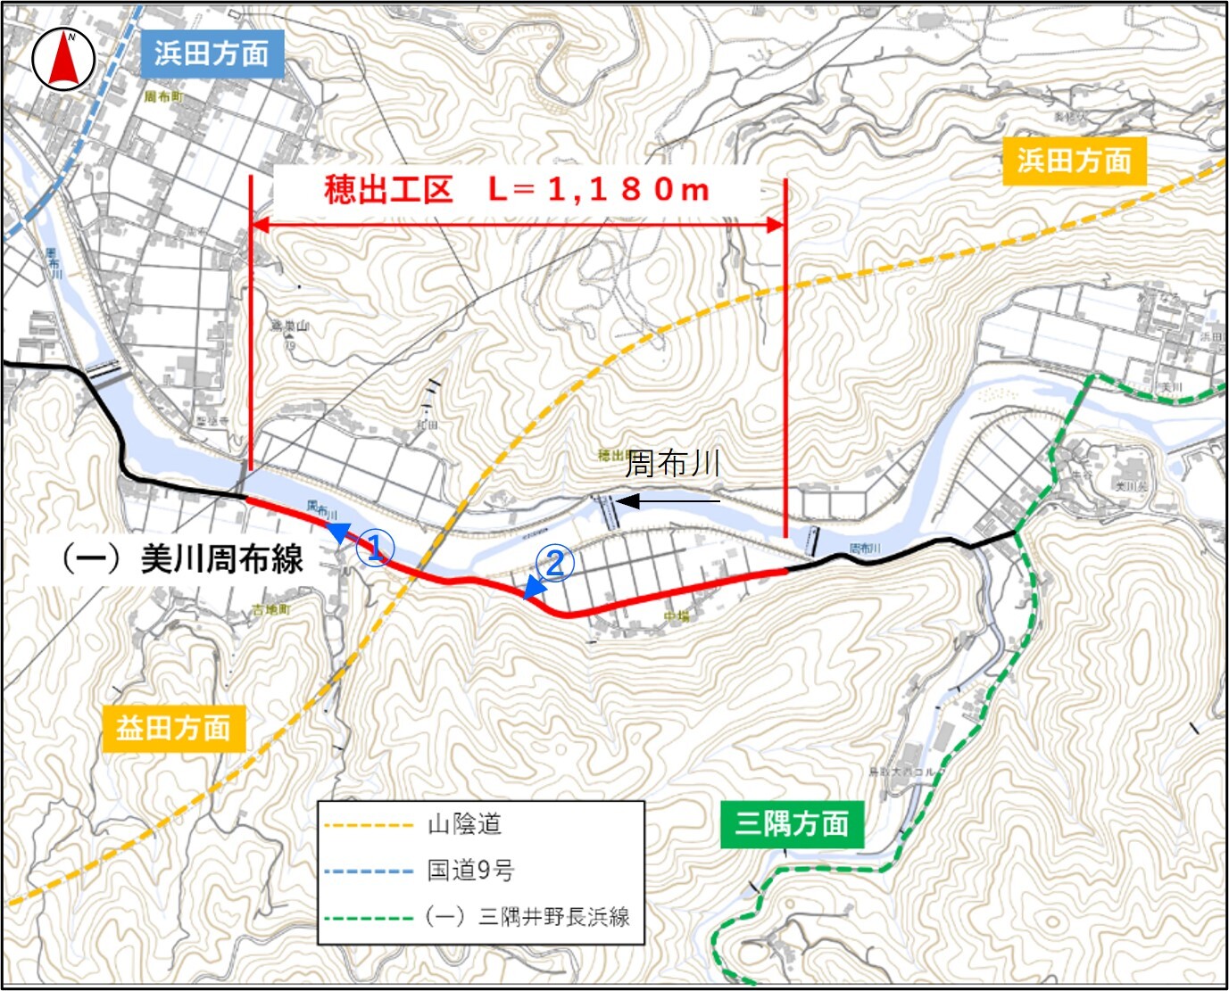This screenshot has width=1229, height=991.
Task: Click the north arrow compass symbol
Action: pyautogui.click(x=63, y=60)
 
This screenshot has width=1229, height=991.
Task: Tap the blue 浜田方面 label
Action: pyautogui.click(x=212, y=54)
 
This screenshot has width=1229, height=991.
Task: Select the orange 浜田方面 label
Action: pyautogui.click(x=1074, y=161)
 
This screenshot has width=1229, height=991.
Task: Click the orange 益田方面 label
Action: pyautogui.click(x=173, y=728)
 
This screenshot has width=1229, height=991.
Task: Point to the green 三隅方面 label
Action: pyautogui.click(x=791, y=823)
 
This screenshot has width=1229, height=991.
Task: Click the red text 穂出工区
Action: pyautogui.click(x=388, y=190)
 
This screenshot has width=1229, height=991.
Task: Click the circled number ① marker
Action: pyautogui.click(x=376, y=547)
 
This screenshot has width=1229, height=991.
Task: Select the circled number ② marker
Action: pyautogui.click(x=554, y=564)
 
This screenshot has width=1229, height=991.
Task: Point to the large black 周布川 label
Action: pyautogui.click(x=672, y=463)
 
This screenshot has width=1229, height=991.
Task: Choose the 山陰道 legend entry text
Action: pyautogui.click(x=464, y=823)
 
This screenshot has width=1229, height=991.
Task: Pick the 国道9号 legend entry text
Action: pyautogui.click(x=470, y=870)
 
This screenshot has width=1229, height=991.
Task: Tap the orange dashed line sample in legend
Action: pyautogui.click(x=369, y=825)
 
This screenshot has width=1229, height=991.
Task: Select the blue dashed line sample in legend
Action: pyautogui.click(x=369, y=871)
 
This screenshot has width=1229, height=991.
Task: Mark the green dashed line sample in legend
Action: pyautogui.click(x=369, y=917)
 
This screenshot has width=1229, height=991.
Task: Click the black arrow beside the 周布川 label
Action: pyautogui.click(x=668, y=501)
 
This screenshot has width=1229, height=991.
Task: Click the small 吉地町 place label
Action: pyautogui.click(x=270, y=609)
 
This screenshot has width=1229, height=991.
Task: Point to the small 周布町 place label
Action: pyautogui.click(x=163, y=96)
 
